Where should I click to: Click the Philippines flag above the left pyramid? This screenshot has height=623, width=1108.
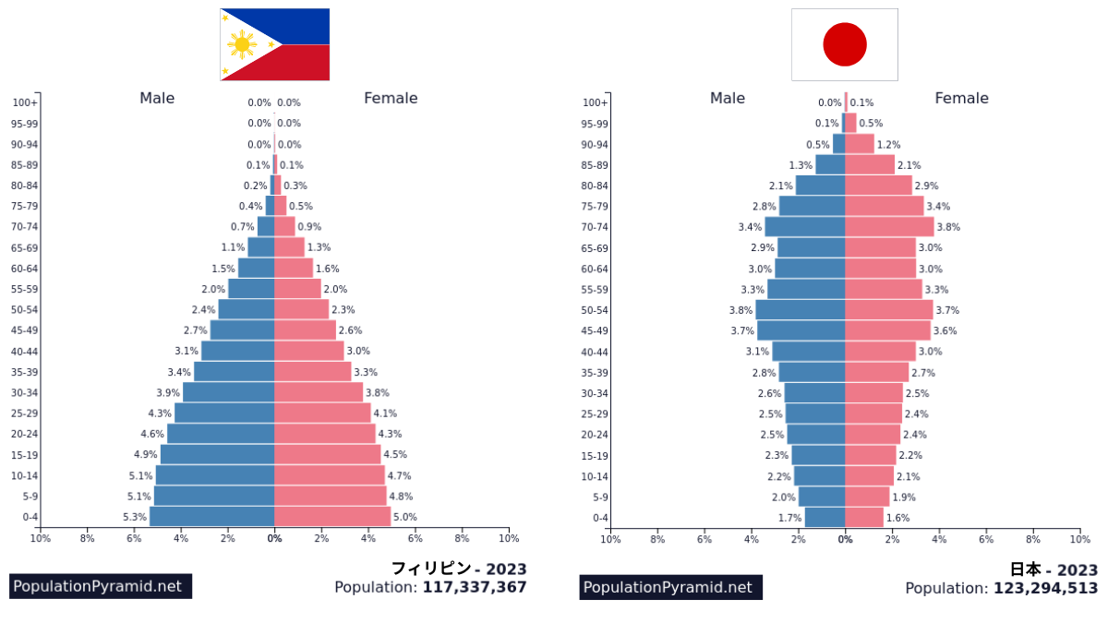coord(274,44)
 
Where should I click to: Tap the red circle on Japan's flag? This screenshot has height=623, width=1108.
coord(844,44)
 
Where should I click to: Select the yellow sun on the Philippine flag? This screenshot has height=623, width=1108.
coord(242,44)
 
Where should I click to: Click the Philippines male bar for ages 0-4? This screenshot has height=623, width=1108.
coord(211,517)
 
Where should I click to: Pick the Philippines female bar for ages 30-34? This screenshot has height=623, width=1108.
coord(319,392)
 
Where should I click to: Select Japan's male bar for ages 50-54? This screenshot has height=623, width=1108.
coord(800,310)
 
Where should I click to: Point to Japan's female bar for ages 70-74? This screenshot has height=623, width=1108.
coord(889,227)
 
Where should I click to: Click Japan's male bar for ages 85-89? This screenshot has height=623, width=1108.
coord(830,165)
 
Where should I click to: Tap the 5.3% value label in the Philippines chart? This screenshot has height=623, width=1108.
coord(135,517)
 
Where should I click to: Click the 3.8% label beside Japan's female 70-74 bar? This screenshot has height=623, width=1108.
coord(948,227)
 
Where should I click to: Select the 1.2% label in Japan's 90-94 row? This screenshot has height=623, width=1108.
coord(888,145)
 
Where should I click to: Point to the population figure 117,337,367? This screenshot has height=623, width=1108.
coord(475,587)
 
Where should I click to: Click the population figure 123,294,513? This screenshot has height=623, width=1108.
coord(1045,588)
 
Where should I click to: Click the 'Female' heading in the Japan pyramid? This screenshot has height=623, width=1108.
coord(961,99)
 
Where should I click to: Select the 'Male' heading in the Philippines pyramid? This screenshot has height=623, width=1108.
coord(157,99)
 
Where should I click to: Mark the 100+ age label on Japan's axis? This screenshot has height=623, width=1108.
coord(596,103)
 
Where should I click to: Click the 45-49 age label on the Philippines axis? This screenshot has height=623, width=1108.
coord(25,330)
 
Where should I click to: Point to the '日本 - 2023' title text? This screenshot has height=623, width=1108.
coord(1054,569)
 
